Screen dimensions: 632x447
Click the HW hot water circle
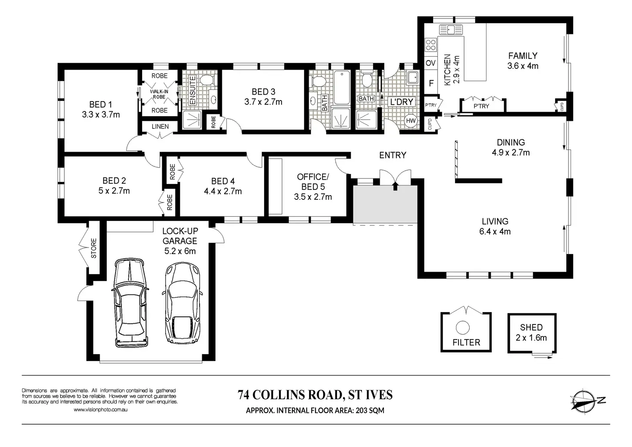410,121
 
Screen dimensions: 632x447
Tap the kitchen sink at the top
451,30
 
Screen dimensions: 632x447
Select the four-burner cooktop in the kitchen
431,45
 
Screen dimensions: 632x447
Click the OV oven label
431,63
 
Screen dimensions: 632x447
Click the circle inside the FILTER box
463,328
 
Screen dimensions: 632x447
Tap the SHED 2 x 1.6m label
532,332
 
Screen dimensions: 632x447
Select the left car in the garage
131,303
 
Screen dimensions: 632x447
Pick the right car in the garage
182,303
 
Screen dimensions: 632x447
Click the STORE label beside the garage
94,248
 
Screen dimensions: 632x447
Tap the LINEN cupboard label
160,126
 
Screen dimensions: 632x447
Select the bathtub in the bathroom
342,88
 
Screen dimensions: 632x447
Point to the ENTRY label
393,155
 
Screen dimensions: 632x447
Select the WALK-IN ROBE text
159,94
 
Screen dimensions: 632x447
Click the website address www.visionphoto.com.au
100,410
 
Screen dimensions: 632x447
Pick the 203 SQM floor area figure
370,410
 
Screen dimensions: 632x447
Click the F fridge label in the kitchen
431,83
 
